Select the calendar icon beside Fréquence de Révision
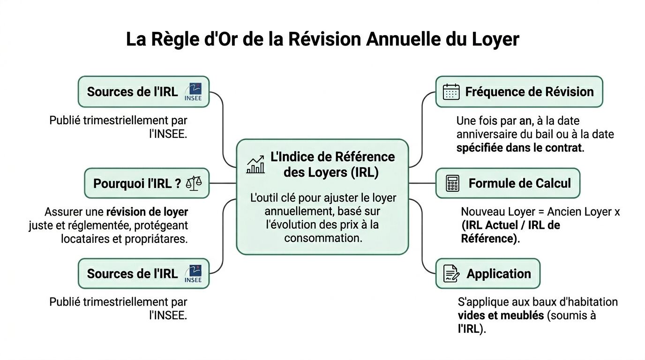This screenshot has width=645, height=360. (x=451, y=92)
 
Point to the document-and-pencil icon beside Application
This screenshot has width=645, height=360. (x=451, y=274)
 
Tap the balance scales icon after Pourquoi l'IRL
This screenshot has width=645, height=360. (x=194, y=183)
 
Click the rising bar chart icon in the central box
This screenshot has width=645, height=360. (x=255, y=165)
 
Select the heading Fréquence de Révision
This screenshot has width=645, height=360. (x=529, y=92)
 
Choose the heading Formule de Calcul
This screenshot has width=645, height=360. (x=519, y=183)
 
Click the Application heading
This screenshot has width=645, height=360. (x=498, y=274)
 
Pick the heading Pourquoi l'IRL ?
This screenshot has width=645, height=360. (x=137, y=183)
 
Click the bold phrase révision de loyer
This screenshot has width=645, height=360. (x=147, y=212)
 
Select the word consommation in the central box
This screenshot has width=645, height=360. (x=323, y=238)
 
